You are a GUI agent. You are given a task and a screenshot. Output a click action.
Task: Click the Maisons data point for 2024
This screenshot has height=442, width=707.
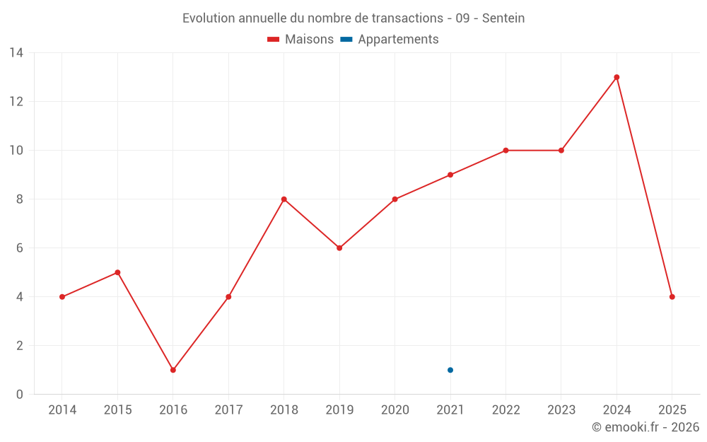[x=617, y=77]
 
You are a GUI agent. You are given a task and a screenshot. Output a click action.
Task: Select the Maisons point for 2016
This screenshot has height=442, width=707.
[x=173, y=370]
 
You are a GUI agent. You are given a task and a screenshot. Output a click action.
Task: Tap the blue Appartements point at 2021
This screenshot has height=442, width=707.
[x=450, y=370]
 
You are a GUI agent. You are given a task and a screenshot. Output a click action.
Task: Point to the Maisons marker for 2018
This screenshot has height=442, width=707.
[x=284, y=199]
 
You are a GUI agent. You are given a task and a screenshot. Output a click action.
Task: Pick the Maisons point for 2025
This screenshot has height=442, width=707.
[x=672, y=297]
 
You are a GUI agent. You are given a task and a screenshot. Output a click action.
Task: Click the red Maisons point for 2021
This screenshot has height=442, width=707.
[x=450, y=175]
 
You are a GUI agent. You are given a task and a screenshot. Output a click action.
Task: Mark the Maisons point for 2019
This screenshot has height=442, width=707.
[x=339, y=248]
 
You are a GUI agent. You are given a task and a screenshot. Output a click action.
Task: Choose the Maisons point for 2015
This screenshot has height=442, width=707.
[x=117, y=272]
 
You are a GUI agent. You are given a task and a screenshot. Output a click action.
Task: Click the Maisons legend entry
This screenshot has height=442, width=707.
[x=300, y=40]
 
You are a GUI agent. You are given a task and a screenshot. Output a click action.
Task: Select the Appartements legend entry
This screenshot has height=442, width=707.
[x=390, y=40]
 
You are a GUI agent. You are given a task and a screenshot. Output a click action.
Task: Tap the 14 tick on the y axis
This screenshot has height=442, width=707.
[x=16, y=53]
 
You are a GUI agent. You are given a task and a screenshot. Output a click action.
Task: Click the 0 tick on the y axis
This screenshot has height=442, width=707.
[x=20, y=395]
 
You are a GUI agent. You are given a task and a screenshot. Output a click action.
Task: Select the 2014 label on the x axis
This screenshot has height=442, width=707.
[x=62, y=410]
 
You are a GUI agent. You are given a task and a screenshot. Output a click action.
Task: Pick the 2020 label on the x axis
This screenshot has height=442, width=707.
[x=395, y=410]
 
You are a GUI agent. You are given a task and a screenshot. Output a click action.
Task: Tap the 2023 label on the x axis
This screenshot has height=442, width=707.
[x=561, y=410]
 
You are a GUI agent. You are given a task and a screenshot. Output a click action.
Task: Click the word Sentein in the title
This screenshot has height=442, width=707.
[x=503, y=18]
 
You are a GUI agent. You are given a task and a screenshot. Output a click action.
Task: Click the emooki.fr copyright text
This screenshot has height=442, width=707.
[x=645, y=427]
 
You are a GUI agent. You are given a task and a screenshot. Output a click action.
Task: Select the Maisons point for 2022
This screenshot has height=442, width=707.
[x=506, y=151]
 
